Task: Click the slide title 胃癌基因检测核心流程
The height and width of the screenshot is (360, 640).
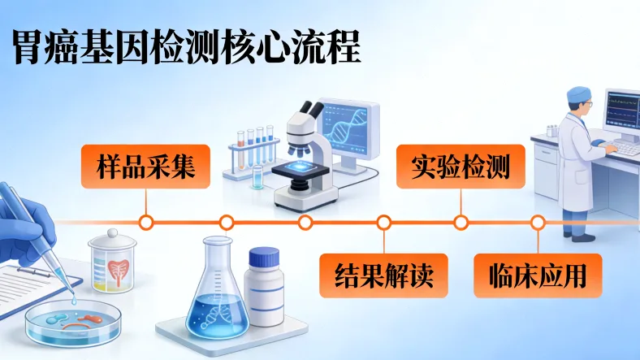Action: [186, 47]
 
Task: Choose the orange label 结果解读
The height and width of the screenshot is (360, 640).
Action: [383, 275]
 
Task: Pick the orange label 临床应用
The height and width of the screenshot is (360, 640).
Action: [538, 275]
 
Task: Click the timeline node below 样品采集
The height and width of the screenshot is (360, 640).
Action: [146, 222]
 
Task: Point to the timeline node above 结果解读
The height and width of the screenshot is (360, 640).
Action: [383, 222]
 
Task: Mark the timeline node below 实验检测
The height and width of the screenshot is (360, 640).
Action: [461, 222]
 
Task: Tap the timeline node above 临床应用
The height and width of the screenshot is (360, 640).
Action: [537, 222]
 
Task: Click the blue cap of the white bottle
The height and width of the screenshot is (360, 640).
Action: [263, 258]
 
